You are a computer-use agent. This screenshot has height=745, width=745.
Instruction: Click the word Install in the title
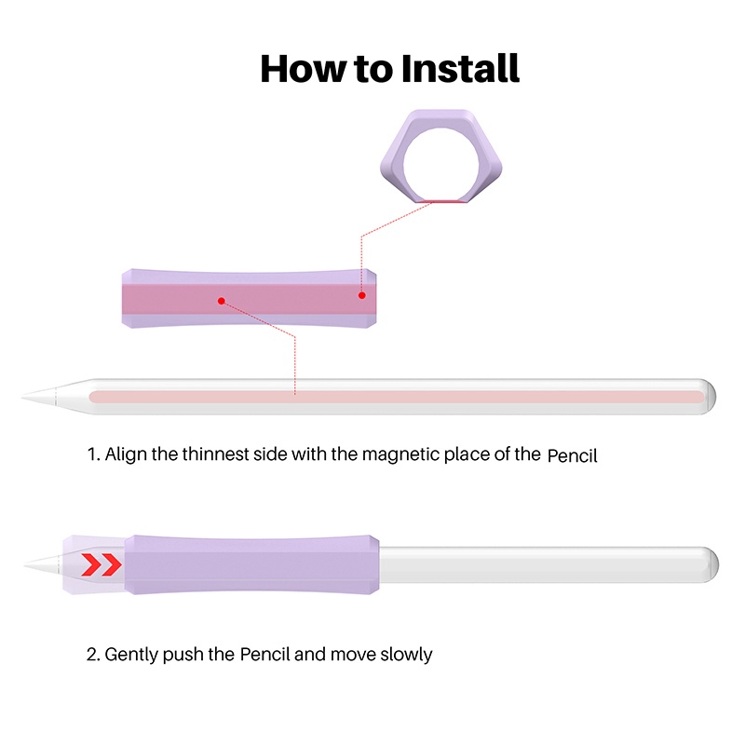(460, 69)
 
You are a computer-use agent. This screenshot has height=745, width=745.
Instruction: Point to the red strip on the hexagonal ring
(442, 199)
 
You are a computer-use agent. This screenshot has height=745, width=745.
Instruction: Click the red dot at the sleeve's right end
(362, 295)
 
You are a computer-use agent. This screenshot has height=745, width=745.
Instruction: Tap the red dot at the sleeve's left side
(222, 301)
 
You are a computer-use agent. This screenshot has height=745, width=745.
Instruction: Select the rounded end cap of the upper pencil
(708, 395)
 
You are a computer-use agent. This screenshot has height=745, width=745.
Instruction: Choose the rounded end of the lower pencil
(710, 562)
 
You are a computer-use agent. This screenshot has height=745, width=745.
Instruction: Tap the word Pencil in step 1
(572, 455)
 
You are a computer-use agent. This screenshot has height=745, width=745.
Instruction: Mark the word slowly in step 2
(406, 655)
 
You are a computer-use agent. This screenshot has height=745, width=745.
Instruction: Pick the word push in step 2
(187, 655)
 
